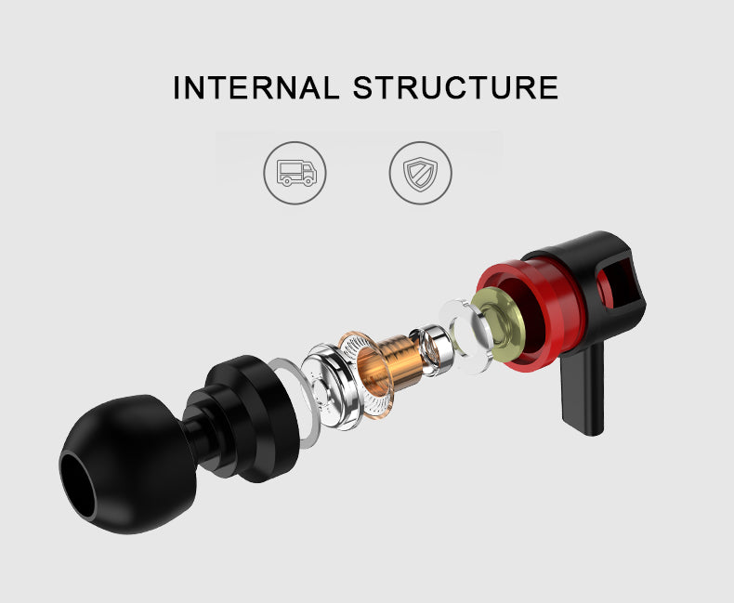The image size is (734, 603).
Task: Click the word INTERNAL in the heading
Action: pos(256,87)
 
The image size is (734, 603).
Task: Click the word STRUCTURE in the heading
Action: pos(456,87)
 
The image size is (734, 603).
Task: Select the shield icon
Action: pos(420,174)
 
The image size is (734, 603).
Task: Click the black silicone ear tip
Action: pos(126,464)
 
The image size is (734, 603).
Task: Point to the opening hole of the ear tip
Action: pos(77,486)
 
